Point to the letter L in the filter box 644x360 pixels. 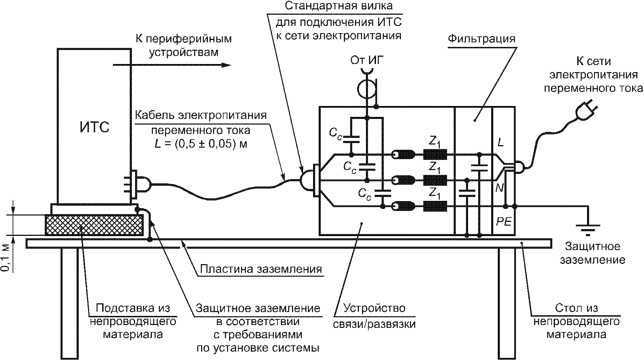click(501, 142)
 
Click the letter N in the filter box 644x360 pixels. click(500, 188)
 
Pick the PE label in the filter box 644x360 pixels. click(503, 222)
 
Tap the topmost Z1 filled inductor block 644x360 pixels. click(435, 154)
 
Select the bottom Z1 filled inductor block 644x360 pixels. click(435, 206)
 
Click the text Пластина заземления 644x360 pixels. click(261, 269)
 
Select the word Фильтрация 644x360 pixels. click(482, 38)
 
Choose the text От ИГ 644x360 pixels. click(367, 61)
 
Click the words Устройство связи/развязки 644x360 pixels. click(374, 316)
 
